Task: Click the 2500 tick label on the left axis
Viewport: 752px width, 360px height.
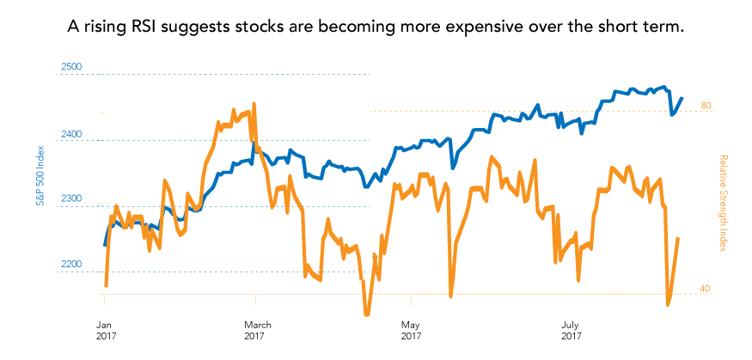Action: point(70,67)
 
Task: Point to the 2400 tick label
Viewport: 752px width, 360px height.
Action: point(70,135)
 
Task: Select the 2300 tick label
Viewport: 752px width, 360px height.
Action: point(70,199)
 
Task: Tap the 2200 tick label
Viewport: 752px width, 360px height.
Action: point(70,265)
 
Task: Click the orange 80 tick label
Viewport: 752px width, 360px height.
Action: point(706,106)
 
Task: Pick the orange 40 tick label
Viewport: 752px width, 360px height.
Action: point(706,289)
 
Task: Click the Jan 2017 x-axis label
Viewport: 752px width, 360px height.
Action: point(104,330)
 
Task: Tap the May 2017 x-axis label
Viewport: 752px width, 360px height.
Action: point(411,330)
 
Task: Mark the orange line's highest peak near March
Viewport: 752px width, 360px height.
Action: point(254,104)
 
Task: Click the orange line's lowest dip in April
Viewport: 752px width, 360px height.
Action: point(367,314)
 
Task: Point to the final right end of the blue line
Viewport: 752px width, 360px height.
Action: point(682,98)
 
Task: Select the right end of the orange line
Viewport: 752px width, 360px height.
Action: point(679,238)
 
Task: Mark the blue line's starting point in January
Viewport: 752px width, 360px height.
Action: point(105,245)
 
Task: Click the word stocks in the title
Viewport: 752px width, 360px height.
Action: point(265,27)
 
